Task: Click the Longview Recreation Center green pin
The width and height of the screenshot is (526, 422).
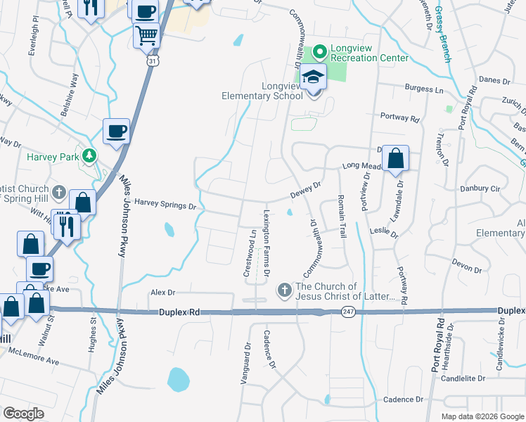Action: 320,51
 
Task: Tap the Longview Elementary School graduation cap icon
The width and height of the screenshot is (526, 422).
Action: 314,78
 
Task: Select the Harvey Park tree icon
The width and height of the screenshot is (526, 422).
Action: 89,154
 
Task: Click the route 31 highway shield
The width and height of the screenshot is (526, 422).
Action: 153,62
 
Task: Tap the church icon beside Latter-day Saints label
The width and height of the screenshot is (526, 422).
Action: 284,289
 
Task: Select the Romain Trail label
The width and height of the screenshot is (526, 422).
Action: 342,216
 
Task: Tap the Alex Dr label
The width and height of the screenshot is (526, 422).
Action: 162,291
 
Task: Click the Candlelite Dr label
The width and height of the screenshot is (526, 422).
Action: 463,378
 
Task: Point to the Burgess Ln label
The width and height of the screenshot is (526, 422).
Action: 425,89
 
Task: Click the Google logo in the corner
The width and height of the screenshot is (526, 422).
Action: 23,414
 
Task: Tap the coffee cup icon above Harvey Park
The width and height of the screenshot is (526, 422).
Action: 116,130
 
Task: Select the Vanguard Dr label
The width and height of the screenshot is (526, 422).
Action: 247,357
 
